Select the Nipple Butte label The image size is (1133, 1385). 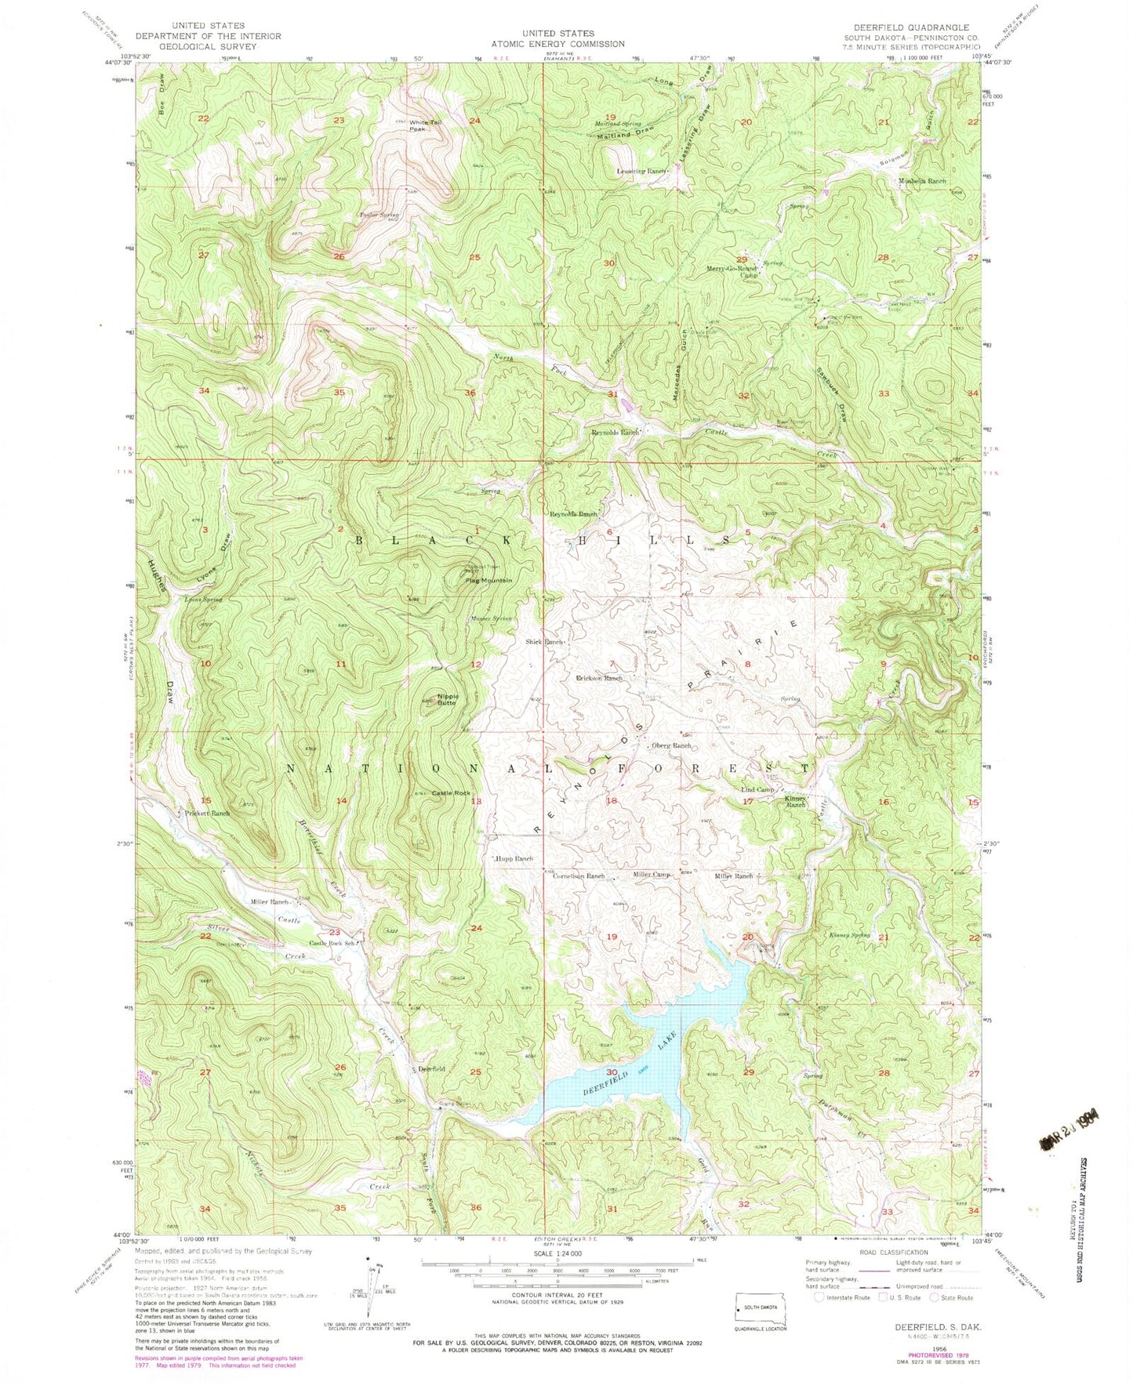(448, 699)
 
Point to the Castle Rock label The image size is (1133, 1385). (451, 794)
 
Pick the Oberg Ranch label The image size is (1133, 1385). (672, 746)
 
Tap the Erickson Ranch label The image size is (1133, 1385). (599, 678)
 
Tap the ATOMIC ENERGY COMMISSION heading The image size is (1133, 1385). (568, 44)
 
